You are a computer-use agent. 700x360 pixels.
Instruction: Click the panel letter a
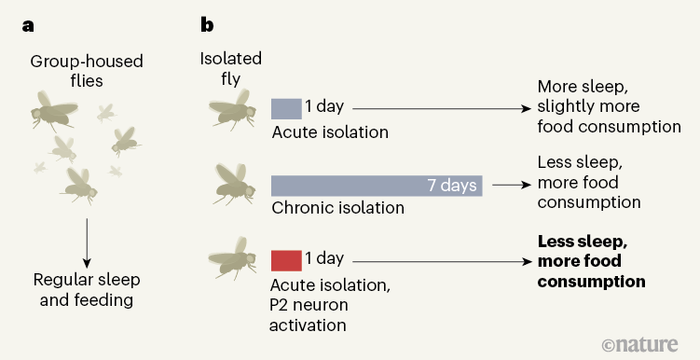29,26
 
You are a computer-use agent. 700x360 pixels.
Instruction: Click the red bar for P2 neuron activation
286,259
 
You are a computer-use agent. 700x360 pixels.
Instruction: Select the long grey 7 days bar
376,185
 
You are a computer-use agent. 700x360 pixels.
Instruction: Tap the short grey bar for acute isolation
286,107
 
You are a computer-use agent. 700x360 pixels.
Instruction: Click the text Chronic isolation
337,208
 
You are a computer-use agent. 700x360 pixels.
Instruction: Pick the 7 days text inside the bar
451,185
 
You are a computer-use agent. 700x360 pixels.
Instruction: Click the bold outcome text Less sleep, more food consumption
591,260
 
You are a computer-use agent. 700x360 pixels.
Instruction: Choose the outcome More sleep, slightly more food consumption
609,106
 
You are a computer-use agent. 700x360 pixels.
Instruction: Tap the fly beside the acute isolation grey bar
231,111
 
